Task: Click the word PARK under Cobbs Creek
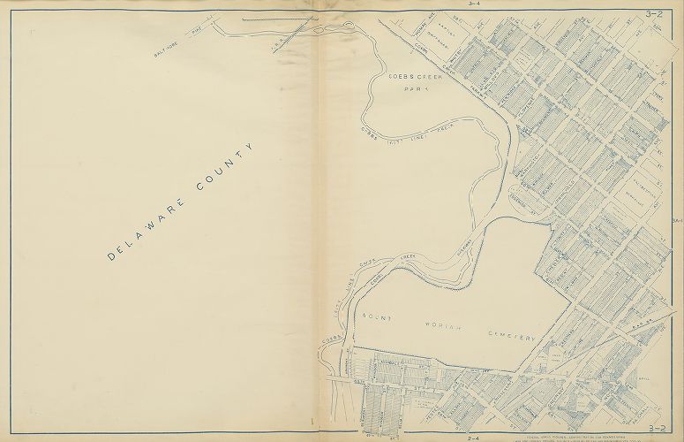[x=408, y=89]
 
